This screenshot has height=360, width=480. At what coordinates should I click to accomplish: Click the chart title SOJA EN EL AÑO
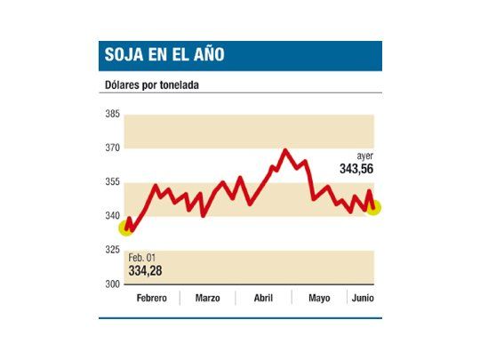pyautogui.click(x=162, y=55)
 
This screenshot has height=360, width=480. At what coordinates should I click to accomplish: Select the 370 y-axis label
pyautogui.click(x=112, y=148)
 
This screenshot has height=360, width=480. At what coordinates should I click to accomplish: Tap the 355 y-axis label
pyautogui.click(x=112, y=182)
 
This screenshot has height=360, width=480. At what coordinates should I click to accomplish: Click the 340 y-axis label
pyautogui.click(x=112, y=216)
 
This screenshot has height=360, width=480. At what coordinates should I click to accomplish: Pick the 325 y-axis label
pyautogui.click(x=112, y=250)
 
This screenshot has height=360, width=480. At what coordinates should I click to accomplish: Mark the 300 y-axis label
pyautogui.click(x=112, y=284)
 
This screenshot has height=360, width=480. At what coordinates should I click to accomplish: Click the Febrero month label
pyautogui.click(x=151, y=298)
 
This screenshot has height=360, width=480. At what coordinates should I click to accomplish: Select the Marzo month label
pyautogui.click(x=207, y=298)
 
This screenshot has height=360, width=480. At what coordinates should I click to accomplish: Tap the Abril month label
pyautogui.click(x=263, y=298)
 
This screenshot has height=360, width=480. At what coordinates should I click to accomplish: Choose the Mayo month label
pyautogui.click(x=319, y=298)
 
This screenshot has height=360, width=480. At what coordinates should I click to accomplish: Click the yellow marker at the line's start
pyautogui.click(x=126, y=228)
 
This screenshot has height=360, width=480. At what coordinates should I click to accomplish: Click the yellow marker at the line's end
pyautogui.click(x=373, y=207)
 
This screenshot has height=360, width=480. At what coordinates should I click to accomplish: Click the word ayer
pyautogui.click(x=364, y=155)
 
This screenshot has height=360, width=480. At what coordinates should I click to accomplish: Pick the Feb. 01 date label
pyautogui.click(x=142, y=257)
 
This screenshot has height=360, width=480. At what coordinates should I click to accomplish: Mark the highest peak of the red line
pyautogui.click(x=284, y=150)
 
